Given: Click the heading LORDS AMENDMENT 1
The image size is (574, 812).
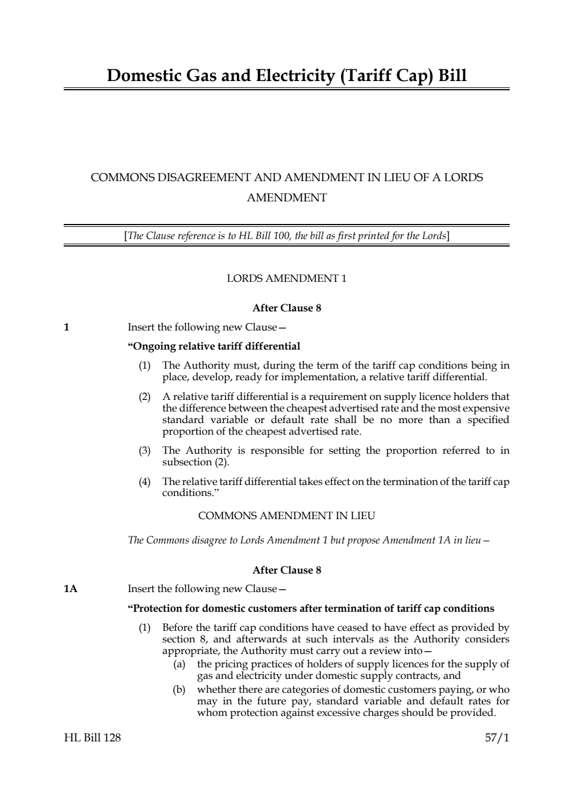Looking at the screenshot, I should [x=287, y=278].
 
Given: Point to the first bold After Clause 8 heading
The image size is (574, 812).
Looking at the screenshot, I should [x=287, y=308].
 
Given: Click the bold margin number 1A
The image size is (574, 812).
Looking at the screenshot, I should [x=70, y=589].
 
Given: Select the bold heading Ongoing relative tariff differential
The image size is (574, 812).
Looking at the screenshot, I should [x=214, y=347].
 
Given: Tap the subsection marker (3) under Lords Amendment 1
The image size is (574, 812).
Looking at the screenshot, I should [x=144, y=451].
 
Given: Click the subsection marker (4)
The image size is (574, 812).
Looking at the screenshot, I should [x=144, y=482].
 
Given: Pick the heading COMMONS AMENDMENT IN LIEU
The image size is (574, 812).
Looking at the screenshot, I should [x=287, y=515].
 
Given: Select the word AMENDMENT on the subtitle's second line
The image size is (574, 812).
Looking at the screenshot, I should [x=287, y=198].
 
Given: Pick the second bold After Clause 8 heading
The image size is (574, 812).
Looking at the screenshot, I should [x=287, y=570].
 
